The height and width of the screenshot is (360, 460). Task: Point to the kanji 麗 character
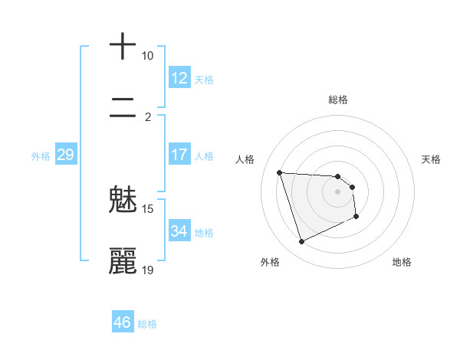tap(123, 261)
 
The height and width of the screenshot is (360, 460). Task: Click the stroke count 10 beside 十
tap(147, 56)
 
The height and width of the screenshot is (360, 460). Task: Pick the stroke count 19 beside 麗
tap(148, 270)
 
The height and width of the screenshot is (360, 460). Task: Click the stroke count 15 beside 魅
tap(148, 209)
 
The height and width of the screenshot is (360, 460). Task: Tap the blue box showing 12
tap(179, 78)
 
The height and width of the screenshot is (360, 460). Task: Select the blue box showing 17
tap(179, 155)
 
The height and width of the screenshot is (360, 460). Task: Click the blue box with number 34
tap(179, 231)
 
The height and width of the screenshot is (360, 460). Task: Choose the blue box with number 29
tap(65, 155)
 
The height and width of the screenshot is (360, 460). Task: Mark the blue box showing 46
tap(123, 322)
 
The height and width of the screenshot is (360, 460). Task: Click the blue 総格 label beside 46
tap(147, 324)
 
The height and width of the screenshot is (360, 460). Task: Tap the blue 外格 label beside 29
tap(41, 156)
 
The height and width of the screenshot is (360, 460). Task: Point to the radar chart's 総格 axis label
tap(337, 100)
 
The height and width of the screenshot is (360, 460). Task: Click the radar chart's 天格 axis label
tap(432, 159)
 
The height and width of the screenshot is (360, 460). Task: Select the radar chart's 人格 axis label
tap(245, 159)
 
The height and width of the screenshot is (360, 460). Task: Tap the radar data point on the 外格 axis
tap(301, 242)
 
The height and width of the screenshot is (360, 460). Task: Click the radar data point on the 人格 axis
tap(279, 172)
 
